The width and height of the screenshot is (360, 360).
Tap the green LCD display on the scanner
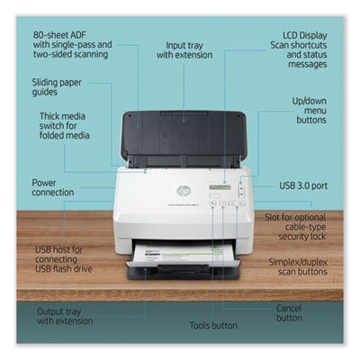point(220,187)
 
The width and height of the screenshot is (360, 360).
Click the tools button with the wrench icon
point(213,203)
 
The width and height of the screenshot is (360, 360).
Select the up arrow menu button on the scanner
point(241,189)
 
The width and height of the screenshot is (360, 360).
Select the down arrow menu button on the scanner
point(241,194)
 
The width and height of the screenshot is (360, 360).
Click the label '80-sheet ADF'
point(59,35)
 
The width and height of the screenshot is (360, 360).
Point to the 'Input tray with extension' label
point(184,50)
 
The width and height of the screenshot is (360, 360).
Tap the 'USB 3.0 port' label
point(303,185)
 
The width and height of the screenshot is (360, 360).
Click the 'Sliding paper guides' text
point(57,87)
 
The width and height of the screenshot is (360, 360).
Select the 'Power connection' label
point(53,187)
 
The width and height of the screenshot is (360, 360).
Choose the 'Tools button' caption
point(213,326)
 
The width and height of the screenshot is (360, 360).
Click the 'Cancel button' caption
point(289,313)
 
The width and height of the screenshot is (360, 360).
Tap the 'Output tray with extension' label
point(65,316)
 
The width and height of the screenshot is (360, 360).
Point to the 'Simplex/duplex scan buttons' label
point(298,267)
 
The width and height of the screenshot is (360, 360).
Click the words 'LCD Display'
point(305,35)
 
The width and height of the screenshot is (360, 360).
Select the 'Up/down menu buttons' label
point(310,111)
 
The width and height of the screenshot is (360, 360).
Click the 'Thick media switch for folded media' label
point(65,126)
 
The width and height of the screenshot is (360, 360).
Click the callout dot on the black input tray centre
point(184,121)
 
